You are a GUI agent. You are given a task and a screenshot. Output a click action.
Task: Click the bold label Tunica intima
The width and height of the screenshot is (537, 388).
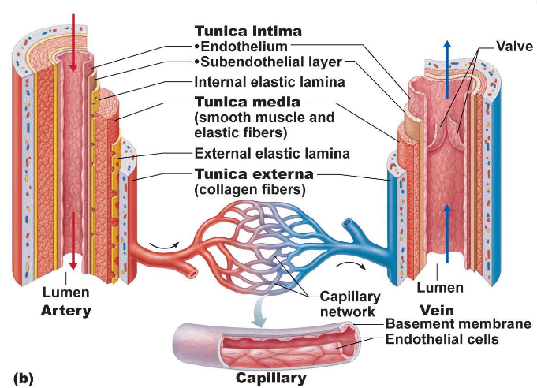[x=248, y=32]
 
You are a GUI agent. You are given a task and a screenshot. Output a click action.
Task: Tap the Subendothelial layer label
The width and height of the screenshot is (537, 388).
[x=268, y=63]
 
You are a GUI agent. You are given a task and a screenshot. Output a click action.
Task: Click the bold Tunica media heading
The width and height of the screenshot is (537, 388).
[x=248, y=102]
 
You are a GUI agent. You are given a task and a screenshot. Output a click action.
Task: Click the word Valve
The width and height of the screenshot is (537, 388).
[x=513, y=47]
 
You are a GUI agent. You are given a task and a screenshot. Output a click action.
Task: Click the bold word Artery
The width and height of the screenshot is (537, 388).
[x=65, y=310]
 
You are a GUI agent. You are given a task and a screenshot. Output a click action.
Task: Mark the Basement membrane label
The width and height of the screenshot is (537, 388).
[x=457, y=325]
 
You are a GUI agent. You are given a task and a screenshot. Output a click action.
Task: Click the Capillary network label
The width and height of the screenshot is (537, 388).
[x=350, y=304]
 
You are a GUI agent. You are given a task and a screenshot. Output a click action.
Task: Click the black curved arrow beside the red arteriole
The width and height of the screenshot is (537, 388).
[x=163, y=245]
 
